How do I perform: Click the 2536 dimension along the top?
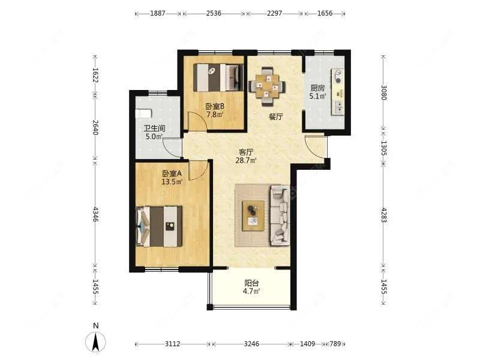pyautogui.click(x=214, y=13)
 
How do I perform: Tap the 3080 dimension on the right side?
pyautogui.click(x=384, y=92)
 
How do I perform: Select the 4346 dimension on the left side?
pyautogui.click(x=95, y=215)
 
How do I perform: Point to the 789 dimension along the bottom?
pyautogui.click(x=335, y=344)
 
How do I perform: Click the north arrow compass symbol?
pyautogui.click(x=95, y=341)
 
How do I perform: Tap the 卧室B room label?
pyautogui.click(x=215, y=107)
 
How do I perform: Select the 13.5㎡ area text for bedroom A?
pyautogui.click(x=172, y=182)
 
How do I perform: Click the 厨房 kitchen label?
pyautogui.click(x=317, y=88)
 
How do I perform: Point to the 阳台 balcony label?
pyautogui.click(x=251, y=283)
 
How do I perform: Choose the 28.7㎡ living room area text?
pyautogui.click(x=246, y=160)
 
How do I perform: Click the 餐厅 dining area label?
pyautogui.click(x=276, y=116)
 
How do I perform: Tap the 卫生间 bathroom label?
pyautogui.click(x=155, y=128)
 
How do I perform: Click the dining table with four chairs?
pyautogui.click(x=267, y=86)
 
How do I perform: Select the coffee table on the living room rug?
pyautogui.click(x=253, y=215)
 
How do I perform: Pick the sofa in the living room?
pyautogui.click(x=280, y=215)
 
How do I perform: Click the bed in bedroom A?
pyautogui.click(x=159, y=226)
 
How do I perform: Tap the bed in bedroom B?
pyautogui.click(x=218, y=77)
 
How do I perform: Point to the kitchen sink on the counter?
pyautogui.click(x=338, y=107)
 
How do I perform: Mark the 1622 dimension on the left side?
pyautogui.click(x=95, y=75)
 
